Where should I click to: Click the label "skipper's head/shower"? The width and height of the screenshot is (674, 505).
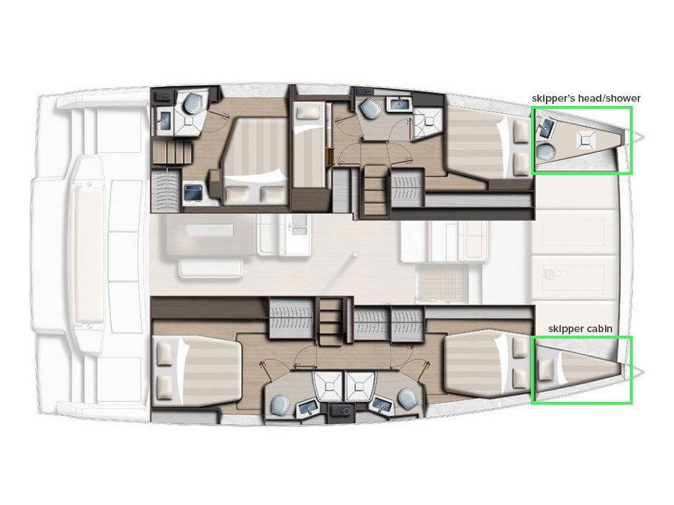586,98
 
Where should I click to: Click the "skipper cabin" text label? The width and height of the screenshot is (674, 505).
580,329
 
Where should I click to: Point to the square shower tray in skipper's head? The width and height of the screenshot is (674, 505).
586,139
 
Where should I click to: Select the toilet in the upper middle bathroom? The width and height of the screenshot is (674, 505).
368,108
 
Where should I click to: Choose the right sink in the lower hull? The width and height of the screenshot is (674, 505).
382,407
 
